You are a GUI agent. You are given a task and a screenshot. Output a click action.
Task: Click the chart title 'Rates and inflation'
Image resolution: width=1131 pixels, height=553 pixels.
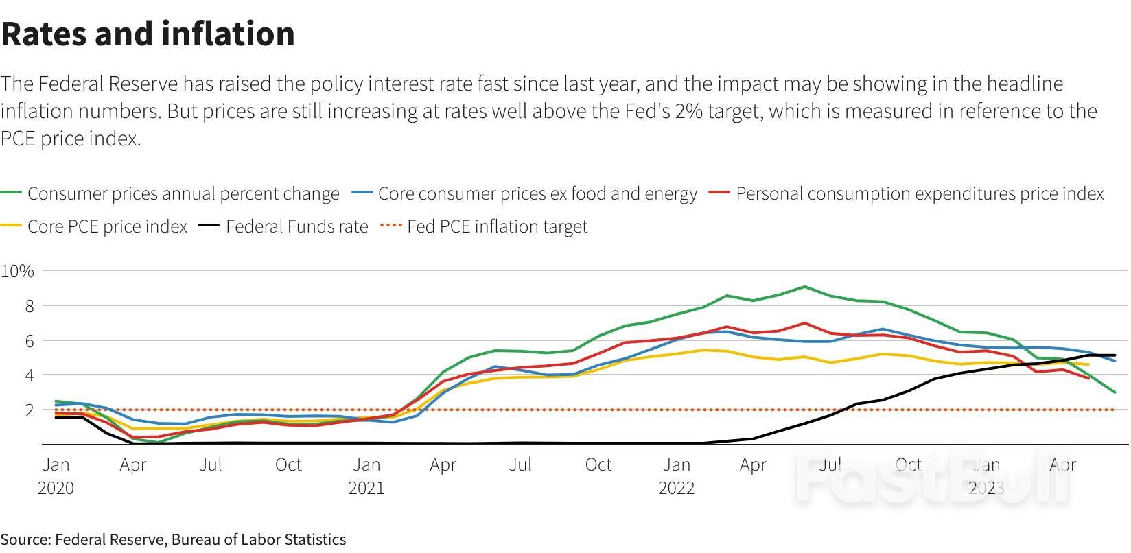click(148, 34)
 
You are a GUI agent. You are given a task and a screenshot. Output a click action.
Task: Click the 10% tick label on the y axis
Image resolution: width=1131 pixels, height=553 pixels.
click(18, 271)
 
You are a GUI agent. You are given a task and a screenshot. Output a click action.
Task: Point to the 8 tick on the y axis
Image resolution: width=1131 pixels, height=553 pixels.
click(30, 306)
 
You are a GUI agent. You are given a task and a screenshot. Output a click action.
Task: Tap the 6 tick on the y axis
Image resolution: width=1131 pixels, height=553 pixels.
click(30, 340)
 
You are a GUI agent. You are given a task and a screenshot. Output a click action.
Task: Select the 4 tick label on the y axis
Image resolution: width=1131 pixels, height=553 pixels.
click(30, 375)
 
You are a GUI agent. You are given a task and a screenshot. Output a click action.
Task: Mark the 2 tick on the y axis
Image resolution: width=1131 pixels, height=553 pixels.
click(30, 410)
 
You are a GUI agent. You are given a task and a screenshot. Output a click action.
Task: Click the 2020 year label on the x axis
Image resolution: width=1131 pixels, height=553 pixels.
click(56, 488)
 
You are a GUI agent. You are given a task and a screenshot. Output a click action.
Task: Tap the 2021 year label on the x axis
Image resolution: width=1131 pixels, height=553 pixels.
click(366, 488)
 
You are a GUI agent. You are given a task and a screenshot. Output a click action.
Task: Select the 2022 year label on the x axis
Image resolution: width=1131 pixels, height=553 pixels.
click(677, 488)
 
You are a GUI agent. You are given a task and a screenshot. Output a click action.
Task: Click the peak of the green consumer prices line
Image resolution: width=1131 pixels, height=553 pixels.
click(804, 287)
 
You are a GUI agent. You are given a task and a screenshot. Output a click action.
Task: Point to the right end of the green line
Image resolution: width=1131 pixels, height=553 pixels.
click(1115, 392)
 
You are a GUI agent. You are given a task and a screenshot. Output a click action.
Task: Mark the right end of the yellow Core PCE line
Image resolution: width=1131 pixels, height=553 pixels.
click(1088, 364)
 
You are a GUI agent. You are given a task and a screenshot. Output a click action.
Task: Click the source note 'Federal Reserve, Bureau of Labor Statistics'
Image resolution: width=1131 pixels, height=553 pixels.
click(200, 539)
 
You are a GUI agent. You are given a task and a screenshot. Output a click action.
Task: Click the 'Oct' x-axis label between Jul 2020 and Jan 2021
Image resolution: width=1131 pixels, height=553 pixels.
click(288, 464)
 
